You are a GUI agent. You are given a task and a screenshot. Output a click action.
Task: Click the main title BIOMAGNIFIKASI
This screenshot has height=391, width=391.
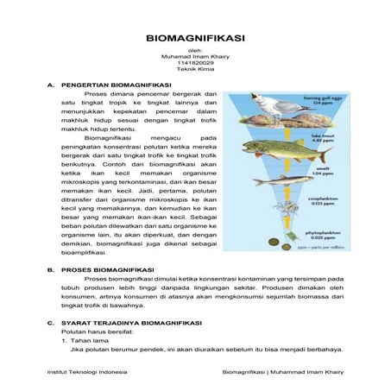tap(195, 39)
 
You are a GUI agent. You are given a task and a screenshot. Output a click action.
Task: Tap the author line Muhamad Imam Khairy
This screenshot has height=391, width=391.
tap(195, 56)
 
